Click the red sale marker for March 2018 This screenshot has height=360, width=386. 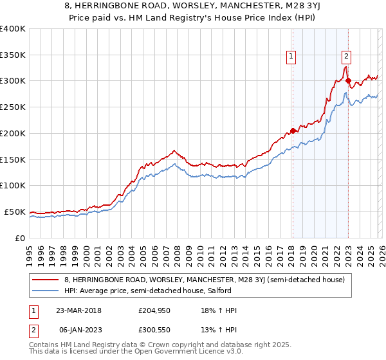point(293,130)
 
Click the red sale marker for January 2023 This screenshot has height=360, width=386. point(348,80)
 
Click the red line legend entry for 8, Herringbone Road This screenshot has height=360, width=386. point(205,280)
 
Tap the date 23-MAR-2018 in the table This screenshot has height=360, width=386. point(78,311)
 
